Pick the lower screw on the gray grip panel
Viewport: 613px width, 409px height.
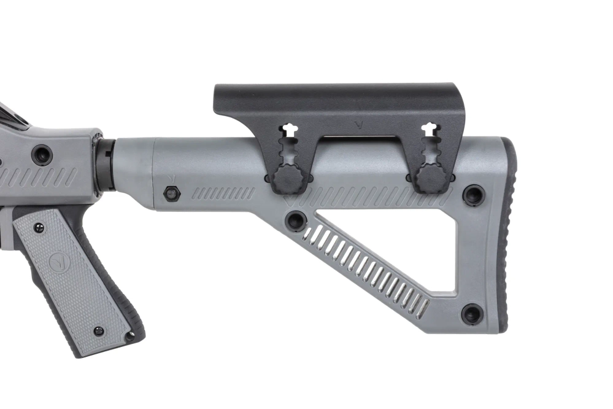(x=98, y=331)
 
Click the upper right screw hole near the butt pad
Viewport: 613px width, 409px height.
(x=473, y=195)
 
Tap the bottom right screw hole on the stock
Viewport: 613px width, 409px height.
(x=472, y=314)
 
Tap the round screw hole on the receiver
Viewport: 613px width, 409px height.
(x=42, y=154)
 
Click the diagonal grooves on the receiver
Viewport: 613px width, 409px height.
(x=37, y=178)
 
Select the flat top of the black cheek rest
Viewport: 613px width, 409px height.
(x=337, y=92)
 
